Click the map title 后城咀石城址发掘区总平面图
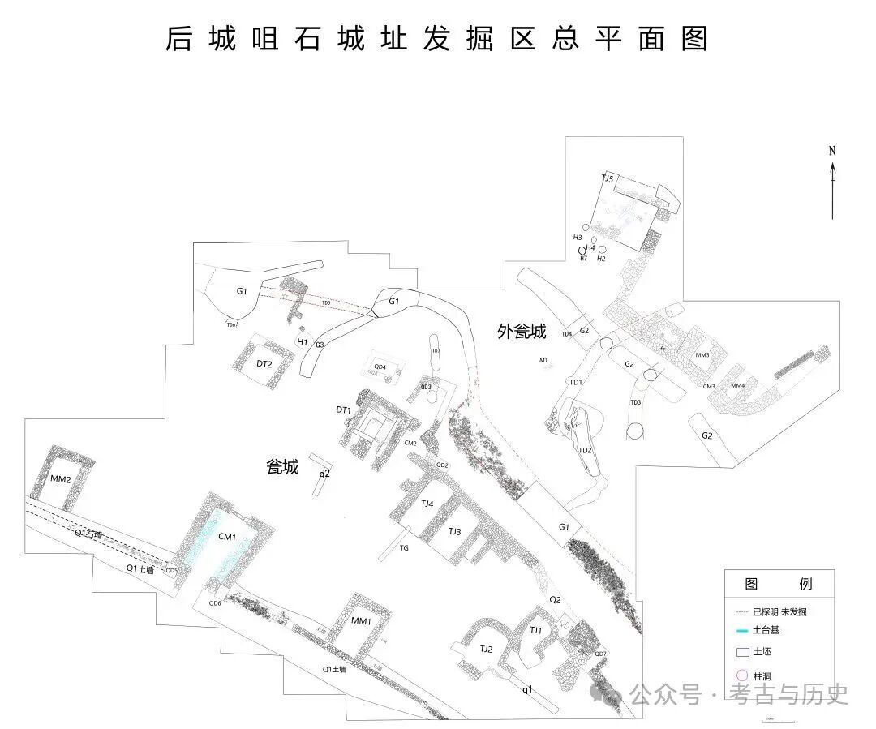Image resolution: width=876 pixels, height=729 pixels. (x=437, y=39)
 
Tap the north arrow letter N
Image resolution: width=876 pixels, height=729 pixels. (x=832, y=150)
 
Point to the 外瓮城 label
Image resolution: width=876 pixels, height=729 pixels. (x=522, y=332)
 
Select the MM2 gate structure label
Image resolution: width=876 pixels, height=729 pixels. (x=61, y=480)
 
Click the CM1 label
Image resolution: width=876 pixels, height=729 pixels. (x=227, y=537)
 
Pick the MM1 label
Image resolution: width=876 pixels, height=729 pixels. (x=361, y=621)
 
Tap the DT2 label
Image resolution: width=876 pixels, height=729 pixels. (x=264, y=364)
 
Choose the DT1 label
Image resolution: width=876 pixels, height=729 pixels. (x=344, y=410)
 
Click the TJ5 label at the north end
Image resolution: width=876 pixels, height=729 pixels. (x=608, y=178)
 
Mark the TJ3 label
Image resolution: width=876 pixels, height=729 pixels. (x=455, y=531)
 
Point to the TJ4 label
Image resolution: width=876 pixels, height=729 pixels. (x=427, y=504)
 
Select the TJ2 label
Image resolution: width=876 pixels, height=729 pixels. (x=486, y=649)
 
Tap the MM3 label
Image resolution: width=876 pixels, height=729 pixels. (x=702, y=355)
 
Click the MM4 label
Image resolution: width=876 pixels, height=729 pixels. (x=738, y=385)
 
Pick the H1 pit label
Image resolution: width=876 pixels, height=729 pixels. (x=302, y=342)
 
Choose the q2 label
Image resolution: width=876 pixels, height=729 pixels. (x=324, y=473)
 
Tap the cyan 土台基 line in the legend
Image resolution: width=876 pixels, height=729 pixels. (x=741, y=631)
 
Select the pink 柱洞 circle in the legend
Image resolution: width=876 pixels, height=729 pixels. (x=740, y=675)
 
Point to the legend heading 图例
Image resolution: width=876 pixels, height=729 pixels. (x=778, y=584)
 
